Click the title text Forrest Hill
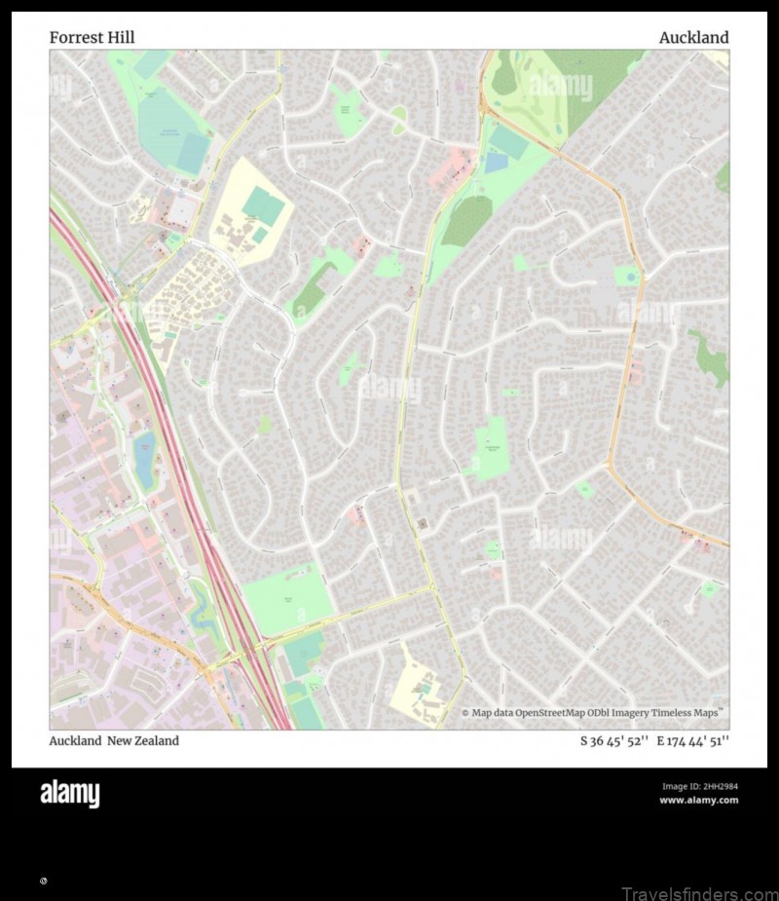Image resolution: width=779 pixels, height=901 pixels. click(x=92, y=37)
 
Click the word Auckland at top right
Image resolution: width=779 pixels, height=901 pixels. click(x=693, y=37)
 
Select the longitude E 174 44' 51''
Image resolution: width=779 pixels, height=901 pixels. click(x=692, y=741)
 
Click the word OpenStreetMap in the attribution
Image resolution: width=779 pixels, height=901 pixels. click(x=550, y=713)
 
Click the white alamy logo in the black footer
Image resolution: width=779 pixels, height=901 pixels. click(x=69, y=794)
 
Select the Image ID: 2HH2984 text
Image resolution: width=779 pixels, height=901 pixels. click(x=699, y=786)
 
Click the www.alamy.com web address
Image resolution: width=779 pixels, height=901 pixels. click(x=698, y=801)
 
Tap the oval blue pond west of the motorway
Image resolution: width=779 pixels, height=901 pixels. click(x=144, y=462)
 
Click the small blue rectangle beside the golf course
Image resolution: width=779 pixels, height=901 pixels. click(x=496, y=163)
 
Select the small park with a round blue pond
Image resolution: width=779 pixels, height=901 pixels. click(x=628, y=277)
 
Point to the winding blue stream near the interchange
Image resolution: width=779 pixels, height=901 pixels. click(x=204, y=609)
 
